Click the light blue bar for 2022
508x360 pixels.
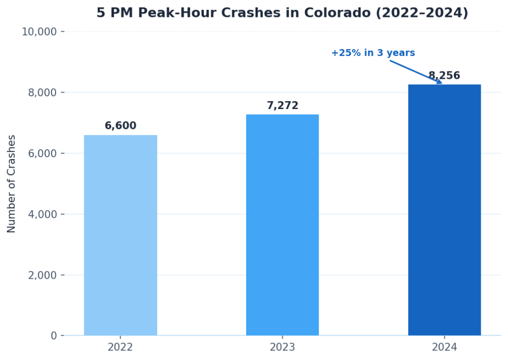(121, 235)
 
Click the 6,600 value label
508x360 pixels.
(121, 126)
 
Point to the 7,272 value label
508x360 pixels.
(282, 106)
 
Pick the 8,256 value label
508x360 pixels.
(444, 76)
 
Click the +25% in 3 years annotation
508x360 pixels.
(373, 53)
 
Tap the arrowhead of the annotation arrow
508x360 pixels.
(439, 82)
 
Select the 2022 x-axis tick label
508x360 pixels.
(121, 347)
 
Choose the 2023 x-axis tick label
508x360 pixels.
(282, 347)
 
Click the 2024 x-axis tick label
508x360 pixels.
(444, 347)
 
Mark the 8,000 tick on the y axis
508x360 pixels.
(42, 93)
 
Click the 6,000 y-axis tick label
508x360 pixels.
(42, 154)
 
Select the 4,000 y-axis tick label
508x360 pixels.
(42, 214)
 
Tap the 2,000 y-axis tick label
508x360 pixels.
(42, 275)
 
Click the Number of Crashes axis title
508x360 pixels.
(12, 183)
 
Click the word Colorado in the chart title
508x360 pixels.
(337, 13)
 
